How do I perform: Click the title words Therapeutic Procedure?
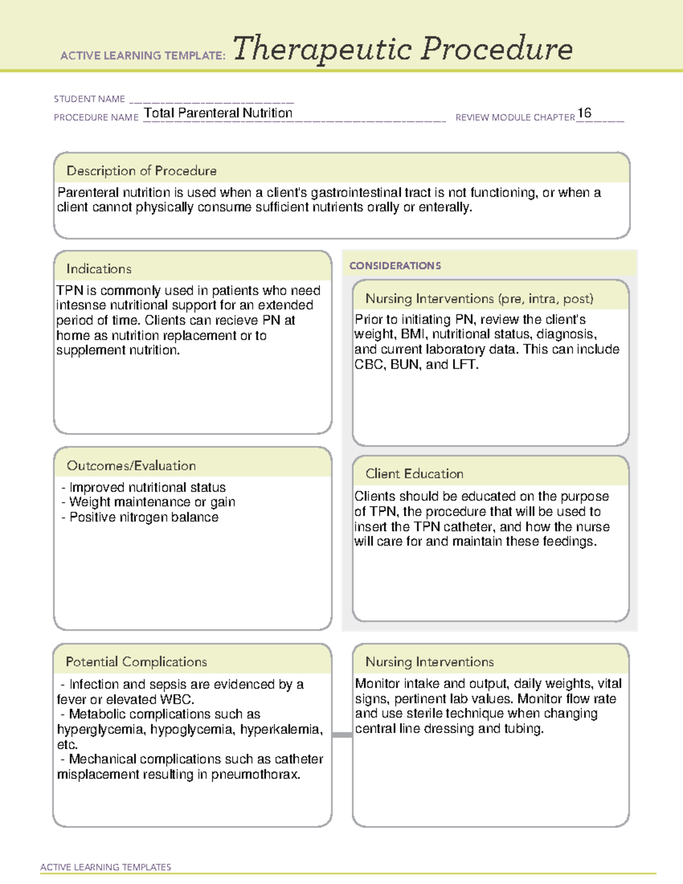[402, 49]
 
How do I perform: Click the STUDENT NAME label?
[89, 99]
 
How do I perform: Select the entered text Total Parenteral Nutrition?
[218, 113]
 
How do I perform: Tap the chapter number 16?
[584, 113]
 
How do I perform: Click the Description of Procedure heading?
[141, 171]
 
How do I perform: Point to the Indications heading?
[98, 269]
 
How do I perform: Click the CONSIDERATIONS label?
[395, 266]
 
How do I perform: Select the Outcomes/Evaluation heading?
[131, 466]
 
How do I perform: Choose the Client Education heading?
[414, 474]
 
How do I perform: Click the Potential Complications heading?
[136, 661]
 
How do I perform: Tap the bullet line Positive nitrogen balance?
[143, 517]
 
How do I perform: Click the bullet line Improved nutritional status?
[147, 487]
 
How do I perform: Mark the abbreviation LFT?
[464, 364]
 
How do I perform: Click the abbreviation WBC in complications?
[176, 700]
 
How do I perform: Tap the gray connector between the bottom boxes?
[342, 735]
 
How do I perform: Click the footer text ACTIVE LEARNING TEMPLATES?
[105, 867]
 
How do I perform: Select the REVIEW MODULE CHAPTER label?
[515, 117]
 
